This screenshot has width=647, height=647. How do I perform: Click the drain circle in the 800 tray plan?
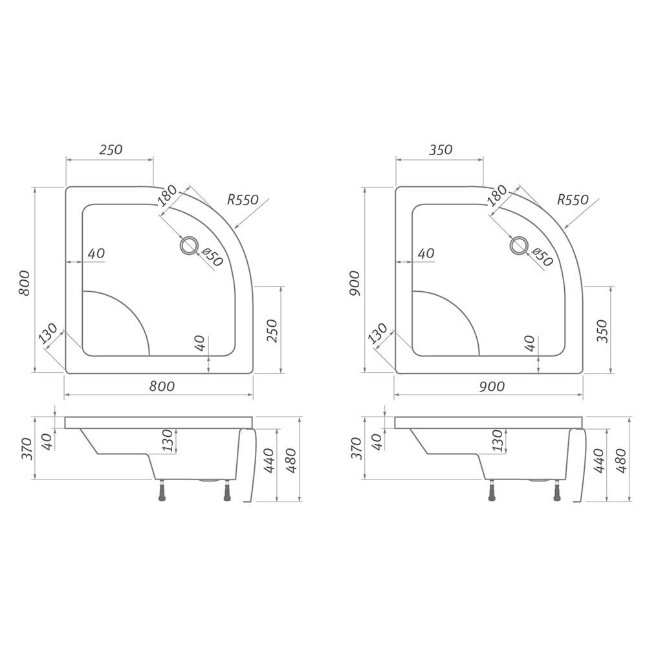[x=190, y=245]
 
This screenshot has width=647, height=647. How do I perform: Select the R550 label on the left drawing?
[x=243, y=200]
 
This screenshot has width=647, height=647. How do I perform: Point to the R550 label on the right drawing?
[x=573, y=200]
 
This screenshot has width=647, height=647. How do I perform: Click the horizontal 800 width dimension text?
[x=162, y=386]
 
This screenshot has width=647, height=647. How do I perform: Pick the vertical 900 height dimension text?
[x=354, y=282]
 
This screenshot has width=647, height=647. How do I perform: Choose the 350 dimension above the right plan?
[x=440, y=149]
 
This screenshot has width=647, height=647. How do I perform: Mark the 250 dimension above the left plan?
[x=111, y=149]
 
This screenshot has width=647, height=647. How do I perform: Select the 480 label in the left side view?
[x=291, y=460]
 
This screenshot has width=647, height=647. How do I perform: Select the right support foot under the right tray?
[x=558, y=493]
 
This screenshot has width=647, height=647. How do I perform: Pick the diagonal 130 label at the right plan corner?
[x=377, y=334]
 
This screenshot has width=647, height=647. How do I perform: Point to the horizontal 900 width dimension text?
[x=492, y=386]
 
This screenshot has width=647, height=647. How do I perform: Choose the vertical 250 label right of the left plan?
[x=272, y=331]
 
